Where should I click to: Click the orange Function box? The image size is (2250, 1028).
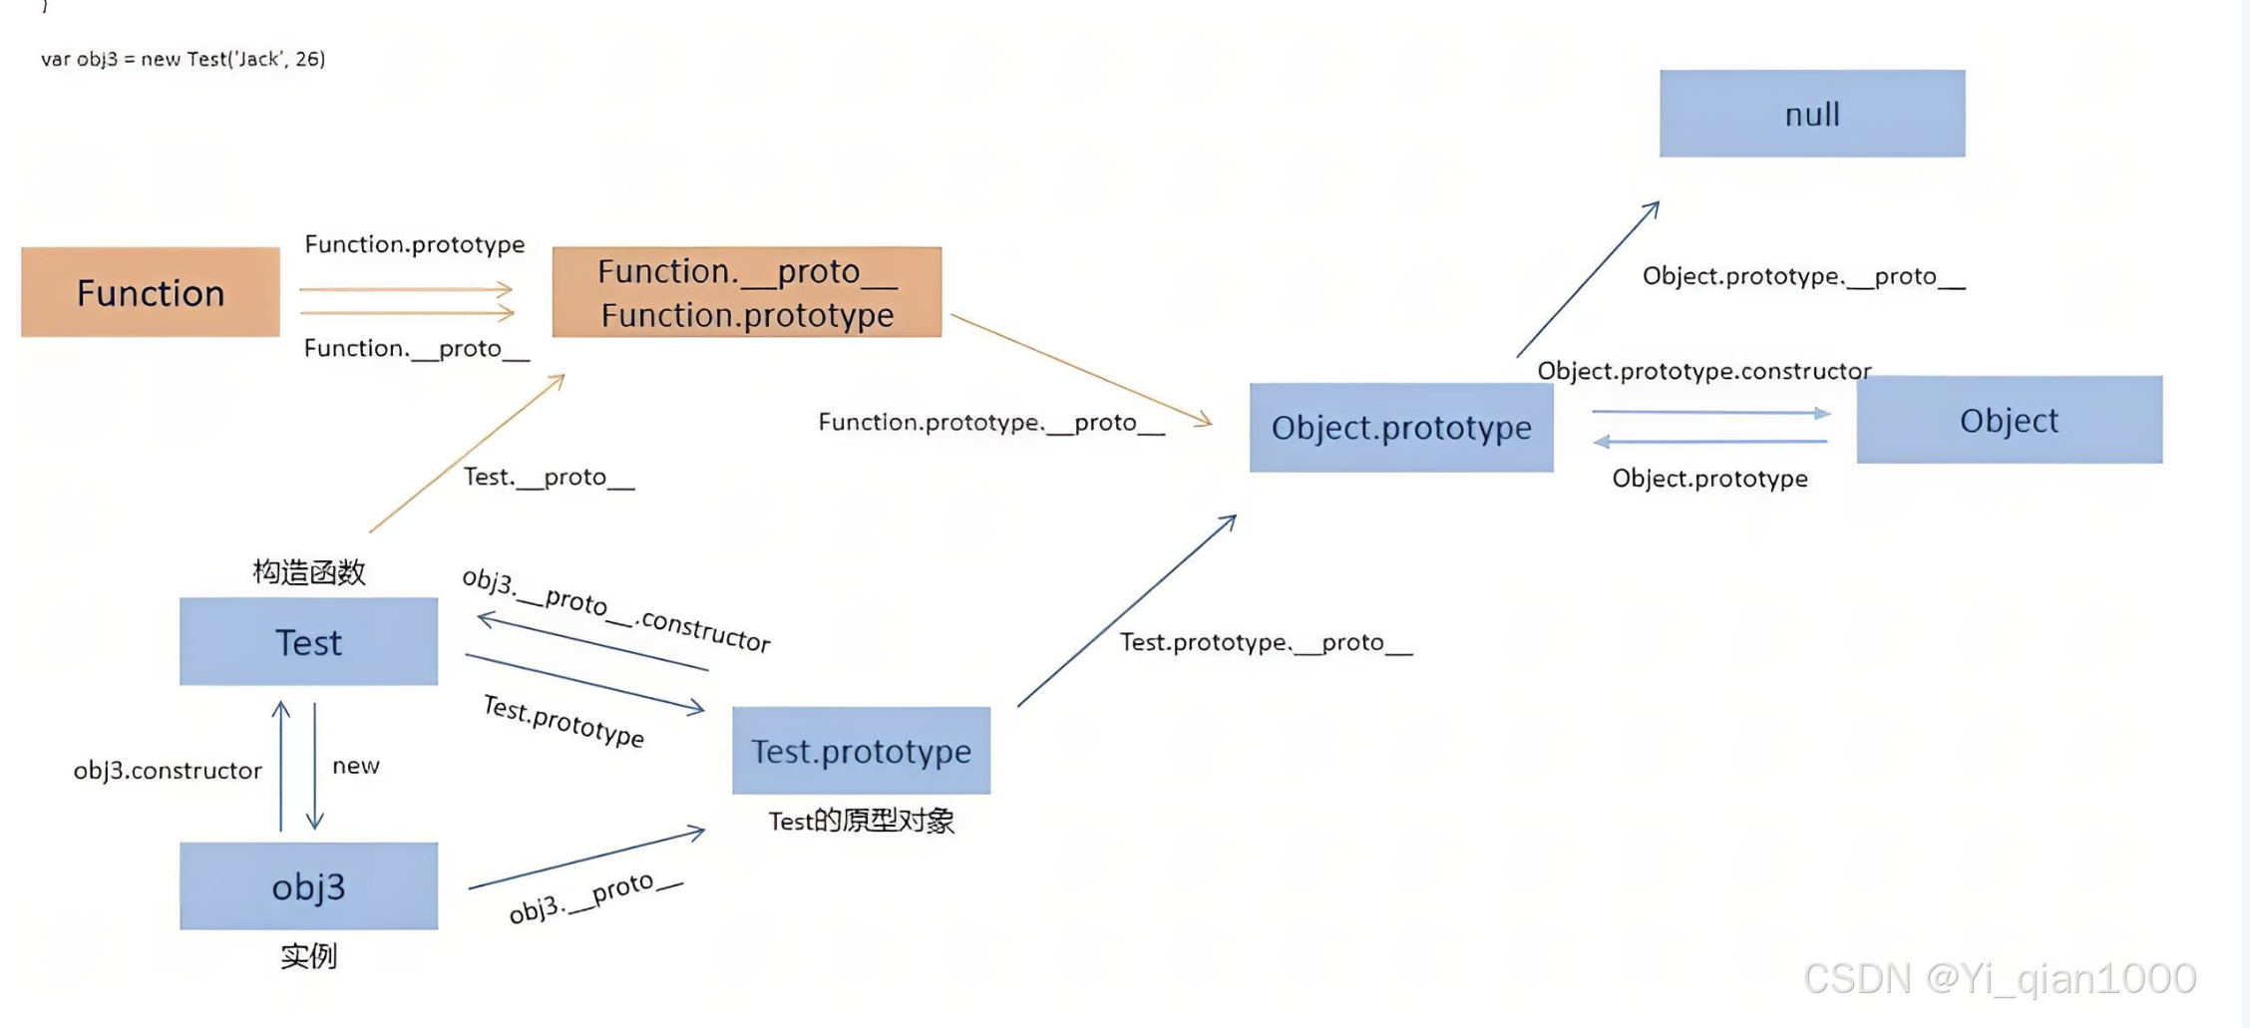tap(151, 292)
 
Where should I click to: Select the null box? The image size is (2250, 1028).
tap(1812, 114)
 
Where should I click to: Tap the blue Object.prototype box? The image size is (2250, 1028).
tap(1401, 428)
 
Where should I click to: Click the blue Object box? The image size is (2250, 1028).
tap(2009, 420)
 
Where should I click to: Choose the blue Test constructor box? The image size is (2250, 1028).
tap(308, 642)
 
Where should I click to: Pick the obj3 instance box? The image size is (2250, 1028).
tap(308, 886)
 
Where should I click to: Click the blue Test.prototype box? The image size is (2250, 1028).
tap(861, 751)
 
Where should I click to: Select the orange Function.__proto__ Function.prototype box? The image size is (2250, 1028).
tap(747, 292)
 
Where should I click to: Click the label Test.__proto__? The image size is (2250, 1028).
tap(549, 477)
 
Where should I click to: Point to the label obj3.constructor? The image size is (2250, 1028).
tap(168, 770)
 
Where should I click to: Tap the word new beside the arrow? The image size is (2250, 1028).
tap(356, 766)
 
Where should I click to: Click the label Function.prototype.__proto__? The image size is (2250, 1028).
tap(991, 423)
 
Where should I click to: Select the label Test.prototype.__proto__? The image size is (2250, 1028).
tap(1266, 642)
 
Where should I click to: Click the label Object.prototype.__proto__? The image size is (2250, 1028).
tap(1803, 276)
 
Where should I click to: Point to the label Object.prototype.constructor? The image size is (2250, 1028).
tap(1703, 371)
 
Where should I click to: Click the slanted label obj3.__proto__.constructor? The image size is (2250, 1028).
tap(616, 609)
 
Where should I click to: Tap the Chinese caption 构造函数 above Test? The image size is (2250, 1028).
tap(309, 572)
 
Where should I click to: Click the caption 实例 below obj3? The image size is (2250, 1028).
tap(309, 956)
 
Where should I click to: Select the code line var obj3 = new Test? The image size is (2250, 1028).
tap(184, 59)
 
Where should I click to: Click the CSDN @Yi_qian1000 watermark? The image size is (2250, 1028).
tap(2000, 978)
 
